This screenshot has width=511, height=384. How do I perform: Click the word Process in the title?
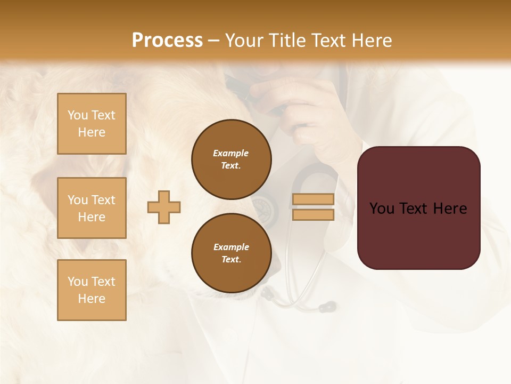tap(167, 41)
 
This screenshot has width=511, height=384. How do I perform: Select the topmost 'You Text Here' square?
tap(92, 124)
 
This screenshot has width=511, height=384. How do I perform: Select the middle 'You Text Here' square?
tap(92, 208)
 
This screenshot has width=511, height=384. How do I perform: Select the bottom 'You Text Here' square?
tap(92, 290)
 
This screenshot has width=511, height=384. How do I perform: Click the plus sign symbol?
tap(164, 207)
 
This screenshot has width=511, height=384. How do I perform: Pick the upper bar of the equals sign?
tap(314, 199)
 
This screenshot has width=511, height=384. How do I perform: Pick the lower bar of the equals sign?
tap(314, 215)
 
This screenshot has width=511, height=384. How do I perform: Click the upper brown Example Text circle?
tap(231, 159)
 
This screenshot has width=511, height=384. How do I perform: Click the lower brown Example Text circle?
tap(231, 253)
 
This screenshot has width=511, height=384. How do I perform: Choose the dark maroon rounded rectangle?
tap(418, 207)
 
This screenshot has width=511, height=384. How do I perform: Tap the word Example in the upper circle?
tap(231, 153)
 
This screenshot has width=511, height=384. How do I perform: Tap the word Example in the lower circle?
tap(231, 247)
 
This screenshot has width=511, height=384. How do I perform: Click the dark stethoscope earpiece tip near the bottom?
tap(330, 307)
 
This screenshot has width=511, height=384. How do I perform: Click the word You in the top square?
tap(78, 115)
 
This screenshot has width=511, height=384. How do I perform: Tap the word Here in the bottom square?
tap(92, 299)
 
